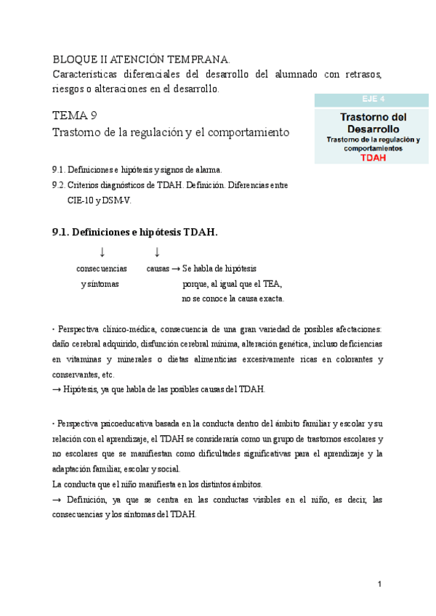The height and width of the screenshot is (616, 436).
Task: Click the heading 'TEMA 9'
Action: tap(74, 115)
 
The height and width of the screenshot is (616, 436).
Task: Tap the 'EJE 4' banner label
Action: tap(373, 100)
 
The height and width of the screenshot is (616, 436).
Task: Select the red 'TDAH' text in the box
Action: tap(373, 156)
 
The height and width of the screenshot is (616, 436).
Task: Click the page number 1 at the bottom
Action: tap(379, 583)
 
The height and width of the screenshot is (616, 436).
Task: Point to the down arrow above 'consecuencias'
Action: tap(102, 252)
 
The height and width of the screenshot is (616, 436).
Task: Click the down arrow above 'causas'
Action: tap(157, 252)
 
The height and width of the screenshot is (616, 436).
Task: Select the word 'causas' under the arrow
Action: tap(158, 268)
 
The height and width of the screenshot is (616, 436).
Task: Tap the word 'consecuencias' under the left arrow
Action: tap(102, 268)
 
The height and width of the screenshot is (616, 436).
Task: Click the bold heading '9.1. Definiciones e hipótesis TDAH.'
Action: tap(135, 232)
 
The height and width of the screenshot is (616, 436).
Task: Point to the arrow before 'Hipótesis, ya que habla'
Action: tap(57, 389)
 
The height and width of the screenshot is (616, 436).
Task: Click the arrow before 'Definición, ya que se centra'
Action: tap(57, 500)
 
